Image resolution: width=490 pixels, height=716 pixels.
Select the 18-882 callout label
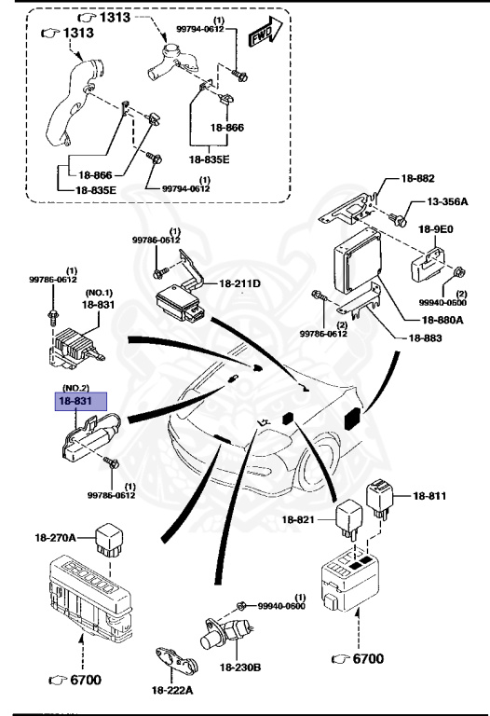pyautogui.click(x=418, y=178)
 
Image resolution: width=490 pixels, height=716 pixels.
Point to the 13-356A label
pyautogui.click(x=447, y=202)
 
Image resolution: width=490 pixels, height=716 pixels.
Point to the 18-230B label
pyautogui.click(x=241, y=667)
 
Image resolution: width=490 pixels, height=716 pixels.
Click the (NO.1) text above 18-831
pyautogui.click(x=98, y=291)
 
